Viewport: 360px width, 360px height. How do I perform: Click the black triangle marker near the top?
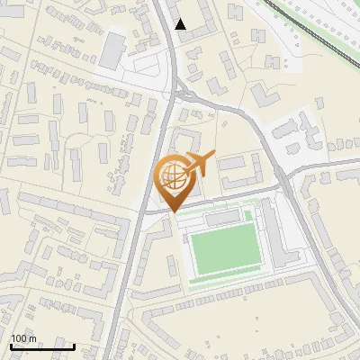(181, 24)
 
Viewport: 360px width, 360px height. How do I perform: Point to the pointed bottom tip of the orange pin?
(173, 211)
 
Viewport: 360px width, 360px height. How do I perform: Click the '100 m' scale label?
(23, 338)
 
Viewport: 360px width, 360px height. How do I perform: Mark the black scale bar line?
(42, 346)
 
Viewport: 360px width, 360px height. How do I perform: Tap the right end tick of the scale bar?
(74, 345)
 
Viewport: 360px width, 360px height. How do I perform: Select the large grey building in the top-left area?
(112, 49)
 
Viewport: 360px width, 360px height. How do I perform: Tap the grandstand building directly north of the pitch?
(225, 219)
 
